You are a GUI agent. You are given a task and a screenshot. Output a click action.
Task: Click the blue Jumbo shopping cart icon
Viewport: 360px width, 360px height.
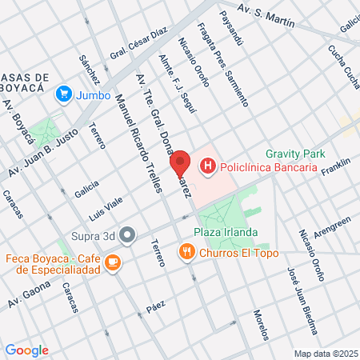63,94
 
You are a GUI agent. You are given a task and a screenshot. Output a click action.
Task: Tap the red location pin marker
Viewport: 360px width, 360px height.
180,162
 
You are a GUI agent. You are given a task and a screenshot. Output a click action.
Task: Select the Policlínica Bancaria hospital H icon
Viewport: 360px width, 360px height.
208,166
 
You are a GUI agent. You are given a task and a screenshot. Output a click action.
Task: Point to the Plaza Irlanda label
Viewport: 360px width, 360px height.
226,233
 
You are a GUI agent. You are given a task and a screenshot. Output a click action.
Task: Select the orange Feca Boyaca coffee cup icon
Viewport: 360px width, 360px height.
113,262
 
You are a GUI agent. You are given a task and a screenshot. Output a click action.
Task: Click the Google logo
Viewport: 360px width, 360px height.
26,350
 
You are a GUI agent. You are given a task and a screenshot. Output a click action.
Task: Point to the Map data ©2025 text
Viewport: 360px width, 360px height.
324,354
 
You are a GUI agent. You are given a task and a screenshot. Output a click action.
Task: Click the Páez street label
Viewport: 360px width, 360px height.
155,308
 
